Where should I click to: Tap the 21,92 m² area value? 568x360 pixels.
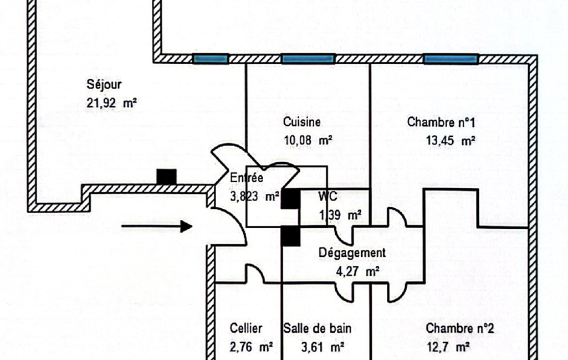(x=111, y=103)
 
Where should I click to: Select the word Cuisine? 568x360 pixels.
(x=302, y=122)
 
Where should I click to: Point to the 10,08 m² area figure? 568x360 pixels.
(x=308, y=140)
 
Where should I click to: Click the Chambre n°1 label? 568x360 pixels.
(x=441, y=122)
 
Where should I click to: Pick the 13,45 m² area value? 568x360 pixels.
(x=451, y=140)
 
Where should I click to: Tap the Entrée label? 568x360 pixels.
(x=247, y=178)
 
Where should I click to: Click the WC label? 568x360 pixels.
(x=328, y=196)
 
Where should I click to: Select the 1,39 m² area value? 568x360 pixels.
(x=340, y=215)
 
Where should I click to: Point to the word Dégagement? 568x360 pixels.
(x=352, y=253)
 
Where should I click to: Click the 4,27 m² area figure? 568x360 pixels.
(x=357, y=271)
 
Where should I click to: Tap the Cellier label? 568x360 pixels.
(x=246, y=328)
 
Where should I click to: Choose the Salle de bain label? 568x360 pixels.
(x=318, y=328)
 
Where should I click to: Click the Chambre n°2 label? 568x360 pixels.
(x=460, y=328)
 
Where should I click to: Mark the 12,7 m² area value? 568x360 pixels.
(x=448, y=347)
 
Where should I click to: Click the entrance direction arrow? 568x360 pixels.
(x=156, y=227)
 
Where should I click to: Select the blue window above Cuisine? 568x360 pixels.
(x=308, y=59)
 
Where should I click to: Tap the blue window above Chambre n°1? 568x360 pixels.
(x=451, y=59)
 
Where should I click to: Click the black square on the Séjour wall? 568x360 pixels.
(x=167, y=177)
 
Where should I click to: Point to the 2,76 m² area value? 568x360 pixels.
(x=251, y=347)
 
